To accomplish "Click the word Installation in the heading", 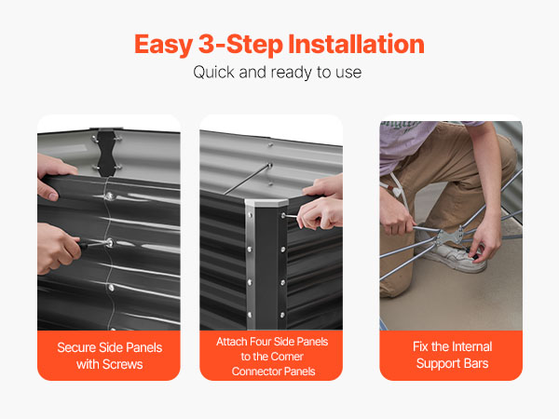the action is click(356, 44).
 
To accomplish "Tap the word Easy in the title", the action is click(163, 46).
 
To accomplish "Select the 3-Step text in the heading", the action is click(240, 46).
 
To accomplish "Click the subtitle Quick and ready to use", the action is click(278, 73).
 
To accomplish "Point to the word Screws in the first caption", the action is click(122, 364).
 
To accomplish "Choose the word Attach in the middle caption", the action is click(232, 342).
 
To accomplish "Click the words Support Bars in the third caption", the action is click(452, 363).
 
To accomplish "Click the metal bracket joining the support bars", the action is click(450, 236).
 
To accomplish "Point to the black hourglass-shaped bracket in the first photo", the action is click(106, 154).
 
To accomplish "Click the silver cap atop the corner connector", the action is click(266, 203).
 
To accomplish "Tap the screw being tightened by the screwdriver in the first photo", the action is click(109, 243).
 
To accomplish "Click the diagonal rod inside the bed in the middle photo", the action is click(248, 179).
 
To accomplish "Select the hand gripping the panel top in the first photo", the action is click(55, 176).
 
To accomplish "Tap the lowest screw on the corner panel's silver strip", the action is click(250, 315).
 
